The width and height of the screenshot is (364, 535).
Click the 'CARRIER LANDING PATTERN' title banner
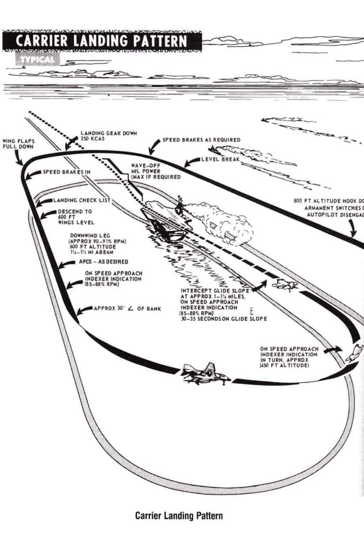tap(102, 41)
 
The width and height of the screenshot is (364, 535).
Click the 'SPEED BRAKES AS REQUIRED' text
tap(201, 140)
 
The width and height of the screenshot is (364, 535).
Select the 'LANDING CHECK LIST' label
tap(82, 201)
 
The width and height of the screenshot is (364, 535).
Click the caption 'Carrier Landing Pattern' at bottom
tap(179, 516)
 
